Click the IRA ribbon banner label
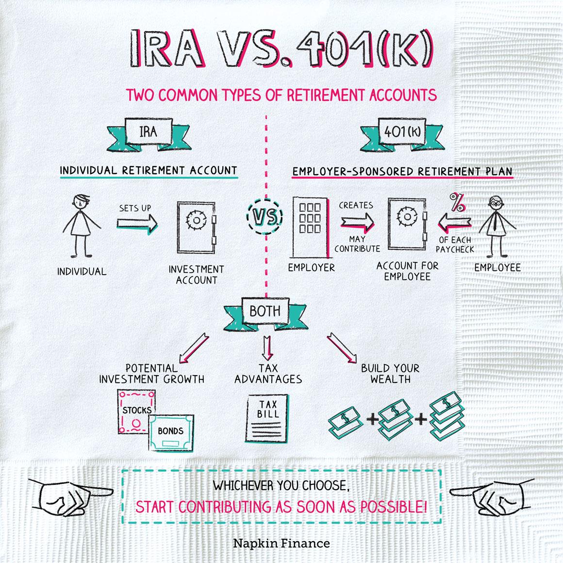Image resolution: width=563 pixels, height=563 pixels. tap(148, 131)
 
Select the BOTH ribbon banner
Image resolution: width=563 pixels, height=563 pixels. tap(265, 311)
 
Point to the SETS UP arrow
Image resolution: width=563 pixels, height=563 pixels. tap(136, 223)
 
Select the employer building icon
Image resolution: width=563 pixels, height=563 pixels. tap(311, 227)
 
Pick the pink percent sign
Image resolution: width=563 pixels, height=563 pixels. tap(457, 203)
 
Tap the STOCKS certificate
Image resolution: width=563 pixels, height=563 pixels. tap(136, 410)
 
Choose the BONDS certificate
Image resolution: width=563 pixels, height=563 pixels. tap(170, 431)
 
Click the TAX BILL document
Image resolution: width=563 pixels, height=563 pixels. tap(267, 418)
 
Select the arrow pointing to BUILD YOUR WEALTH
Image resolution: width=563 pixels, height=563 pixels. tap(342, 348)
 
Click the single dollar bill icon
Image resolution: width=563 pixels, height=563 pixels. tap(346, 419)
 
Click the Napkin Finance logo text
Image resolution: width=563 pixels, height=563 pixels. tap(281, 543)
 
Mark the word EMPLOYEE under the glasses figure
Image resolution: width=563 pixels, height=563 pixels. tap(497, 267)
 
